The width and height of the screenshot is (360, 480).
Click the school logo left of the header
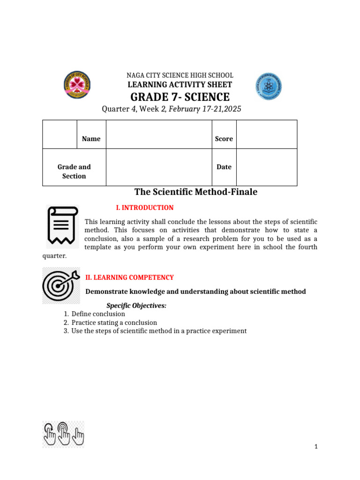pos(77,86)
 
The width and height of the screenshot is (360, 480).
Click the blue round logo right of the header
pos(269,86)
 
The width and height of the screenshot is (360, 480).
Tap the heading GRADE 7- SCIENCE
pos(180,97)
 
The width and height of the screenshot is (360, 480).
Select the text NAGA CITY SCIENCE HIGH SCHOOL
pos(180,75)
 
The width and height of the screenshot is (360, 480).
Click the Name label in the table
pos(91,139)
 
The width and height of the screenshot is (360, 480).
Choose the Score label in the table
pos(224,139)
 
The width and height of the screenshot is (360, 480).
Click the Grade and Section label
pos(74,172)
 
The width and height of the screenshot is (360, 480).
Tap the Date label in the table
pos(224,167)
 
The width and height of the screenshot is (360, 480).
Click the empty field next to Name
pos(158,135)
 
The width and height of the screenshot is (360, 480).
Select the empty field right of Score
pos(266,135)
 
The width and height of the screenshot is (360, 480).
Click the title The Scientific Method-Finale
pos(195,192)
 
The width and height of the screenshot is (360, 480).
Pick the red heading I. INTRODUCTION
pos(144,208)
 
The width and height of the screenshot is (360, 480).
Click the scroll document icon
pos(63,227)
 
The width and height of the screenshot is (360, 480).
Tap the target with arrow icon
pos(61,285)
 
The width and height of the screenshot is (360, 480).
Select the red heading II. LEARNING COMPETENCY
pos(129,277)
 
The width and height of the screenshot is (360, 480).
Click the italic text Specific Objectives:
pos(136,306)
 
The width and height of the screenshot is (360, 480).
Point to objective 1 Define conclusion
pos(98,314)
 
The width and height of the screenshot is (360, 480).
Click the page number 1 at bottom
pos(316,447)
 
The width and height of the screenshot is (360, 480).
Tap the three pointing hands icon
pos(63,434)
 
